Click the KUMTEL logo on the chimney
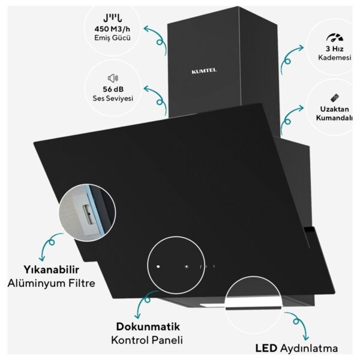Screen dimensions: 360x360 pyautogui.click(x=204, y=71)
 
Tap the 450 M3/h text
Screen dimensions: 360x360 pyautogui.click(x=112, y=29)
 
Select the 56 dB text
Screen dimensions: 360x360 pyautogui.click(x=113, y=89)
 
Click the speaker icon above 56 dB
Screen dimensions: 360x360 pyautogui.click(x=113, y=78)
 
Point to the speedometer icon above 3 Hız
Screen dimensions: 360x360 pyautogui.click(x=335, y=38)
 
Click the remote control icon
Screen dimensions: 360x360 pyautogui.click(x=335, y=98)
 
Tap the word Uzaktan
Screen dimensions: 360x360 pyautogui.click(x=335, y=109)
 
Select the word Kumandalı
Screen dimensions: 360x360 pyautogui.click(x=334, y=118)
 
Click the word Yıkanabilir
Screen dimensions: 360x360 pyautogui.click(x=52, y=270)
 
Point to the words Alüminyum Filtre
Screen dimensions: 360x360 pyautogui.click(x=52, y=283)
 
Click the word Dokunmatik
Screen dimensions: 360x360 pyautogui.click(x=148, y=326)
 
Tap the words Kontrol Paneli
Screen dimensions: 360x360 pyautogui.click(x=147, y=340)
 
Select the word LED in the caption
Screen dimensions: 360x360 pyautogui.click(x=266, y=348)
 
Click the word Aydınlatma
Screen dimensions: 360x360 pyautogui.click(x=309, y=349)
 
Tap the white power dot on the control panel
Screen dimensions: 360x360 pyautogui.click(x=158, y=266)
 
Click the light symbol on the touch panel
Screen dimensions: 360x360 pyautogui.click(x=187, y=266)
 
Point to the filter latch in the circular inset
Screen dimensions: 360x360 pyautogui.click(x=88, y=214)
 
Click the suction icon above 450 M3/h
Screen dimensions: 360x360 pyautogui.click(x=113, y=18)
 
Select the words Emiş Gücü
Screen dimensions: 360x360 pyautogui.click(x=112, y=38)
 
